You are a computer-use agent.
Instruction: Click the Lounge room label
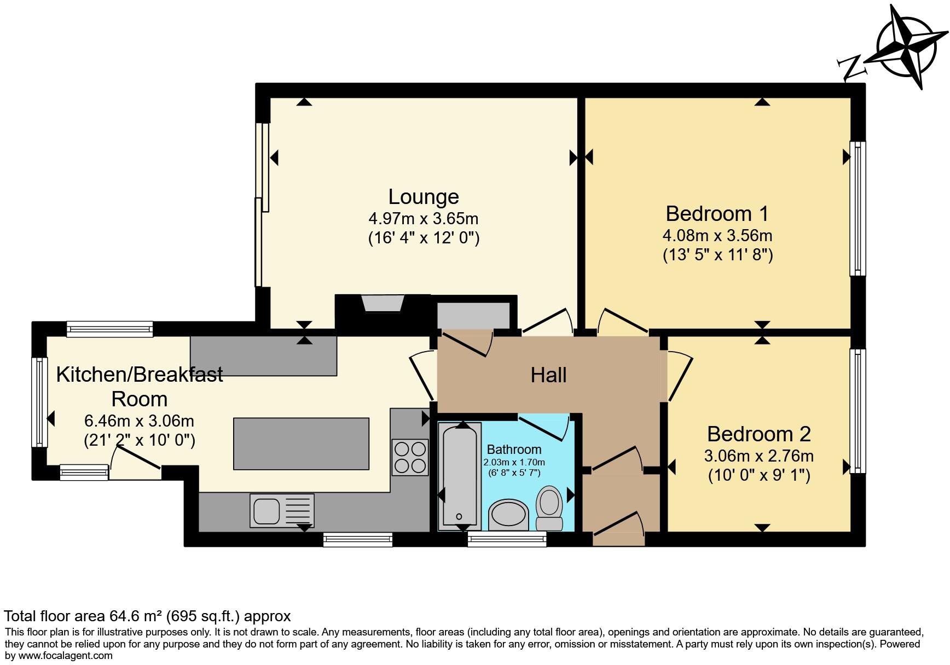point(424,197)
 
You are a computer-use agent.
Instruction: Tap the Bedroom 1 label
point(717,213)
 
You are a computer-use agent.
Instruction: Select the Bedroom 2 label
point(758,434)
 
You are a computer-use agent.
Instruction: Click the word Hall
point(548,375)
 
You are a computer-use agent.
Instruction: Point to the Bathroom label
point(514,450)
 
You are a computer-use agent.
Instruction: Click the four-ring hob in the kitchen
point(410,457)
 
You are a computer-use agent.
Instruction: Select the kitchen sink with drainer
point(282,510)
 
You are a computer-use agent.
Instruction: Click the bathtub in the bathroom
point(460,476)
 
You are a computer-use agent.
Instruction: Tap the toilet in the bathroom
point(549,506)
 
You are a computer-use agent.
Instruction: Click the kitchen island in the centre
point(301,444)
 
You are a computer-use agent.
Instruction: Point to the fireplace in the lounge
point(383,304)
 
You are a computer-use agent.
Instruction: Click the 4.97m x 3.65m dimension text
point(424,219)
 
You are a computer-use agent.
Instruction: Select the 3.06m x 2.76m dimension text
point(758,456)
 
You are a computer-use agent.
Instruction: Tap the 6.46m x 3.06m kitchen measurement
point(139,421)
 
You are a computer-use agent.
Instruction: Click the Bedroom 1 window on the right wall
point(858,208)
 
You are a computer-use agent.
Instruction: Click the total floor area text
point(147,616)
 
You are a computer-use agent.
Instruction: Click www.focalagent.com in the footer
point(66,656)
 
